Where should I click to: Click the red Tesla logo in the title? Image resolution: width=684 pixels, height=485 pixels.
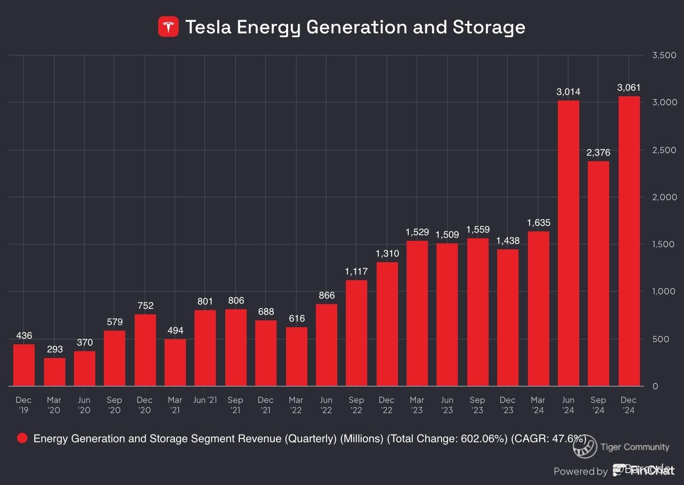168,27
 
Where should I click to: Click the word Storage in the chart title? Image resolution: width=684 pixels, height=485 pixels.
489,27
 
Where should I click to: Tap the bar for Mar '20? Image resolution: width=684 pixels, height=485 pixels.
54,372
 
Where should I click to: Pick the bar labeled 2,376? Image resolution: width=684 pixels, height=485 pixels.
598,274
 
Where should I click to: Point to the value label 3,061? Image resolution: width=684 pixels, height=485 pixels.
628,88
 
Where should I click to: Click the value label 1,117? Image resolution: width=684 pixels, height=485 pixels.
356,271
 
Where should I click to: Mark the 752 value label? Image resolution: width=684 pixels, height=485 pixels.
145,305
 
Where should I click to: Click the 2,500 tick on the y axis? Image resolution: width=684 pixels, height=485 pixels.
664,150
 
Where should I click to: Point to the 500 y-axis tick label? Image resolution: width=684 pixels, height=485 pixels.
667,339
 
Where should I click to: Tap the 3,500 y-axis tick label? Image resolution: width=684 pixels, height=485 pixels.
664,55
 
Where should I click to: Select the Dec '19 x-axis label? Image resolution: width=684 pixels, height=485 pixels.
24,405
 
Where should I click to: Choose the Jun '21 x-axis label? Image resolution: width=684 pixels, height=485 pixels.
205,400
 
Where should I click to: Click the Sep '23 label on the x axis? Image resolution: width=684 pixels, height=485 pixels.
477,405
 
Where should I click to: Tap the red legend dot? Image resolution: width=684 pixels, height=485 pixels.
22,438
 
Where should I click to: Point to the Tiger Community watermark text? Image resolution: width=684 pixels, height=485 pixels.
634,447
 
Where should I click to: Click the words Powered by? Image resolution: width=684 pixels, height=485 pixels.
580,471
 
